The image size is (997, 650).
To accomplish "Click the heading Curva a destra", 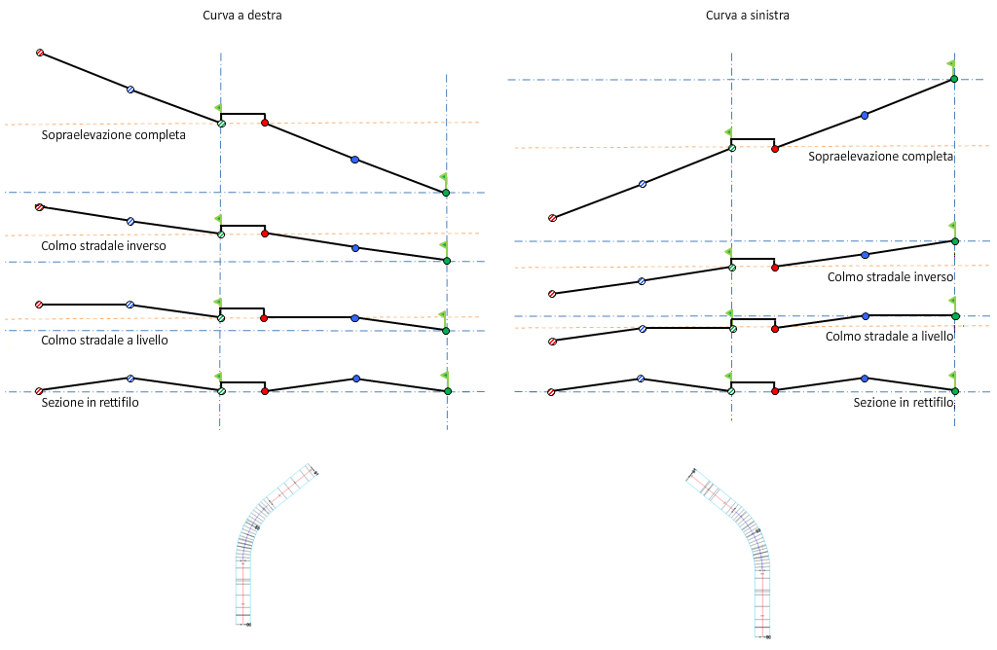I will coord(243,16).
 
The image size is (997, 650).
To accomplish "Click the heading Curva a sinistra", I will coord(746,16).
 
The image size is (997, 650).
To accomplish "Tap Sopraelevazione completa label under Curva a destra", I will coord(114,135).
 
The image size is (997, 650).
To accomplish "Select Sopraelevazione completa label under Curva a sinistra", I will coord(880,156).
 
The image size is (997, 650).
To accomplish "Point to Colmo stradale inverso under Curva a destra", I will coord(103,246).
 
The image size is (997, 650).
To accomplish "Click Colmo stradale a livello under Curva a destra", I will coord(104,340).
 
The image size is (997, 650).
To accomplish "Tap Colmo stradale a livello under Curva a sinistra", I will coord(889,336).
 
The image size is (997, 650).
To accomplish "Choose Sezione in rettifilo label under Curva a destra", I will coord(90,402).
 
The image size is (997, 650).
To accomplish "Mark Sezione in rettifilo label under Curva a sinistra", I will coord(903,402).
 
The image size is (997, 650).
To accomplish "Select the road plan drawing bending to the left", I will coord(736,551).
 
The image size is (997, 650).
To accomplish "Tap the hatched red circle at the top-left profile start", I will coord(40,53).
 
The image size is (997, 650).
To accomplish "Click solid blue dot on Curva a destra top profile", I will coord(354,160).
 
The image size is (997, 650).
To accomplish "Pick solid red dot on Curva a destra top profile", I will coord(265,123).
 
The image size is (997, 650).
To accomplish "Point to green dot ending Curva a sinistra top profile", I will coord(954,79).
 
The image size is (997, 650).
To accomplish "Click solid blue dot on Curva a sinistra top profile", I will coord(865,115).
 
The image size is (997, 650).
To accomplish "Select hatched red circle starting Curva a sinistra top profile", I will coord(552,218).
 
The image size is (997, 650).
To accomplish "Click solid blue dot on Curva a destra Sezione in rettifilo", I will coord(356,379).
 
